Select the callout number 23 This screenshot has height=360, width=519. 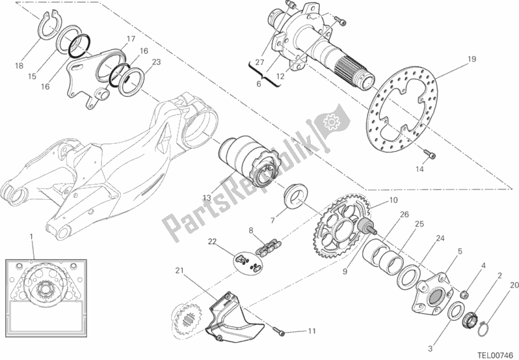[156, 62]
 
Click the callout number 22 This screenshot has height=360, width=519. [211, 242]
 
